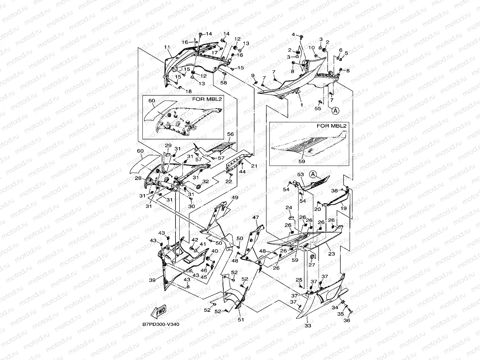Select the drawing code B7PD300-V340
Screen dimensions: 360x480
(161, 324)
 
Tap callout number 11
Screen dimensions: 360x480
(167, 47)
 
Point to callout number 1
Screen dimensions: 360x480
(301, 104)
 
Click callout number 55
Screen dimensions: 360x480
(318, 109)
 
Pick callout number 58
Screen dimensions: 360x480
(224, 83)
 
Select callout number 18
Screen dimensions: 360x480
(188, 91)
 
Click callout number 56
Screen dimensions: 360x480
(230, 134)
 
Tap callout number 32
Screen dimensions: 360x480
(206, 181)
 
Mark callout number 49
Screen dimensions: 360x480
(235, 198)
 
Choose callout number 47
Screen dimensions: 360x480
(255, 218)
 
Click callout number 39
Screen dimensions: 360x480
(152, 280)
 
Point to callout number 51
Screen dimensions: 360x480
(241, 320)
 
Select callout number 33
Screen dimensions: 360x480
(308, 326)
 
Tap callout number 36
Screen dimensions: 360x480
(347, 320)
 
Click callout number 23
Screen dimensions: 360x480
(331, 253)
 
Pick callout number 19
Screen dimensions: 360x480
(344, 208)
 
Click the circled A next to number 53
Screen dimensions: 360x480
(313, 174)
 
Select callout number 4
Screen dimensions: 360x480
(293, 34)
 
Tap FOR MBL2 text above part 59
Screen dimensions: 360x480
(332, 126)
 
